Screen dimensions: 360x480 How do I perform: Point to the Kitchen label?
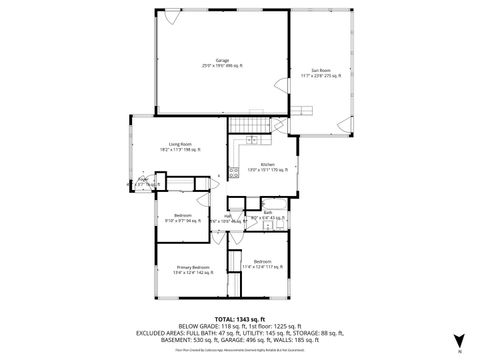[x=267, y=164]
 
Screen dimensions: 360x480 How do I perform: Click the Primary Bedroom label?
[x=193, y=267]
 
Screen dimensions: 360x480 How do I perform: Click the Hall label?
[x=228, y=214]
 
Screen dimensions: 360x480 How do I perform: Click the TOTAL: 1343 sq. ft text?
[x=240, y=317]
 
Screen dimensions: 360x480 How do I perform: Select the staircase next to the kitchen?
[x=252, y=125]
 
